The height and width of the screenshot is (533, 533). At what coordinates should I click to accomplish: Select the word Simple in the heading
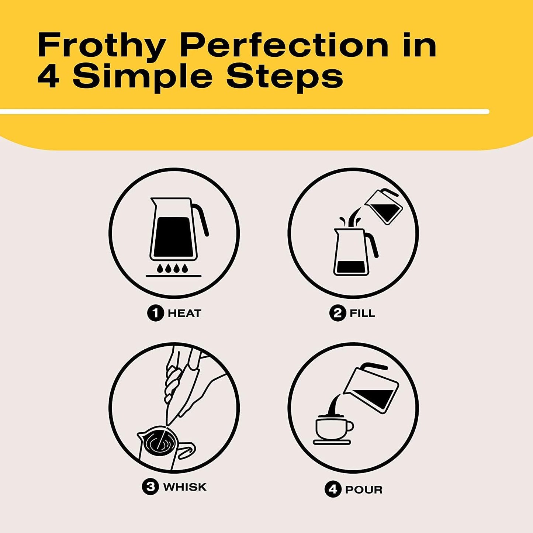pos(142,76)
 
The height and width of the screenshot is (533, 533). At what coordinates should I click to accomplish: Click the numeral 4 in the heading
pos(48,76)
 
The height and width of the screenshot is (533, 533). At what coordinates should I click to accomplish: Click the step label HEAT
pos(184,314)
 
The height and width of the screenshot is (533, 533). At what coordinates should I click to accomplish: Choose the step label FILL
pos(362,314)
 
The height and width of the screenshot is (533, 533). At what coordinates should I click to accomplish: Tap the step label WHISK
pos(185,487)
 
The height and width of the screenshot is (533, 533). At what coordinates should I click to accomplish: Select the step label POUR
pos(364,490)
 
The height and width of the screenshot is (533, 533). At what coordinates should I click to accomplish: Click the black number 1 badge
pos(155,314)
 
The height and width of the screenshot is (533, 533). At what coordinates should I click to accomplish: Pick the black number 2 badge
pos(337,314)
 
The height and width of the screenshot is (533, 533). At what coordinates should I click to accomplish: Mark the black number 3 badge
pos(150,487)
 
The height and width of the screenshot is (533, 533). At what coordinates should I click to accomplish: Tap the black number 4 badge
pos(333,490)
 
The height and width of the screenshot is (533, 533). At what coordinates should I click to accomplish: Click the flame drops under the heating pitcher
pos(173,268)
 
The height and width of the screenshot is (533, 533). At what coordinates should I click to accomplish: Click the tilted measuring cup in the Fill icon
pos(384,207)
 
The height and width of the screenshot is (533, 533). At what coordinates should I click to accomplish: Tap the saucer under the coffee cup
pos(332,442)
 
